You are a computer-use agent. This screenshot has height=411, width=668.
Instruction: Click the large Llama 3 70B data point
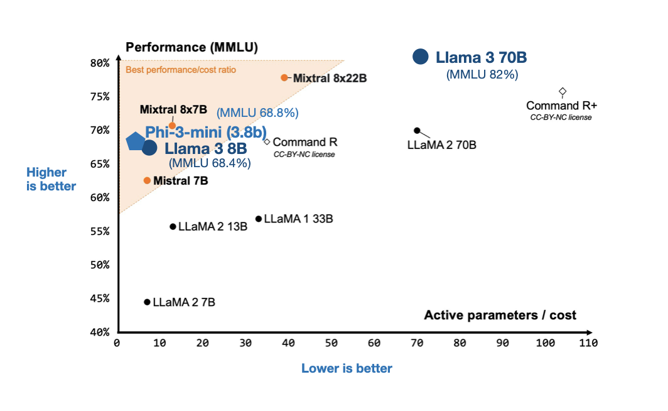pos(420,57)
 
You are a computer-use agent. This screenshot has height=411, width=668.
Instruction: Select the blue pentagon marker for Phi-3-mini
pos(135,141)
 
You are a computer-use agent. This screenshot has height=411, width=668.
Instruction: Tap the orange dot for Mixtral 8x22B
pos(284,77)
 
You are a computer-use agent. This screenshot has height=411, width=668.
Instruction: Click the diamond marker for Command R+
pos(563,92)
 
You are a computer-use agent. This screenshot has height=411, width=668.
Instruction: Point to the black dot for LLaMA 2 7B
pos(147,302)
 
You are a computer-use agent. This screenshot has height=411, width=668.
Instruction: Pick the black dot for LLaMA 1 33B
pos(259,219)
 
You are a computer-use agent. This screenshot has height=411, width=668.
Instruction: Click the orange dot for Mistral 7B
pos(147,180)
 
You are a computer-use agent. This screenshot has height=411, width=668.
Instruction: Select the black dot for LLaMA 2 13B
pos(173,226)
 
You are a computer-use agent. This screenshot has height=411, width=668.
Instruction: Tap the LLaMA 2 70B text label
pos(441,145)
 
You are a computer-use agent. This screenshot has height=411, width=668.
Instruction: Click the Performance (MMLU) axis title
pos(192,47)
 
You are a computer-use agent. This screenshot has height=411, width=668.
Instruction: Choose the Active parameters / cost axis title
pos(500,315)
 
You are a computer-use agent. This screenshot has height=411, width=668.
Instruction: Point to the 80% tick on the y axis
pos(100,63)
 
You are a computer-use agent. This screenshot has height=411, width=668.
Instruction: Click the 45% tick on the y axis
pos(100,299)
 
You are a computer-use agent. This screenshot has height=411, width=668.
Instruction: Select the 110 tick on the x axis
pos(588,343)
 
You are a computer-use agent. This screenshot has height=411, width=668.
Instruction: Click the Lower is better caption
pos(347,369)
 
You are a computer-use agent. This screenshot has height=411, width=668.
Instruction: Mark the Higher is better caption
pos(51,179)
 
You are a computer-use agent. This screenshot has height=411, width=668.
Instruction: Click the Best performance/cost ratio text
pos(181,70)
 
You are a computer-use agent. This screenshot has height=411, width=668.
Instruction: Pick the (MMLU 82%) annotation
pos(482,74)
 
